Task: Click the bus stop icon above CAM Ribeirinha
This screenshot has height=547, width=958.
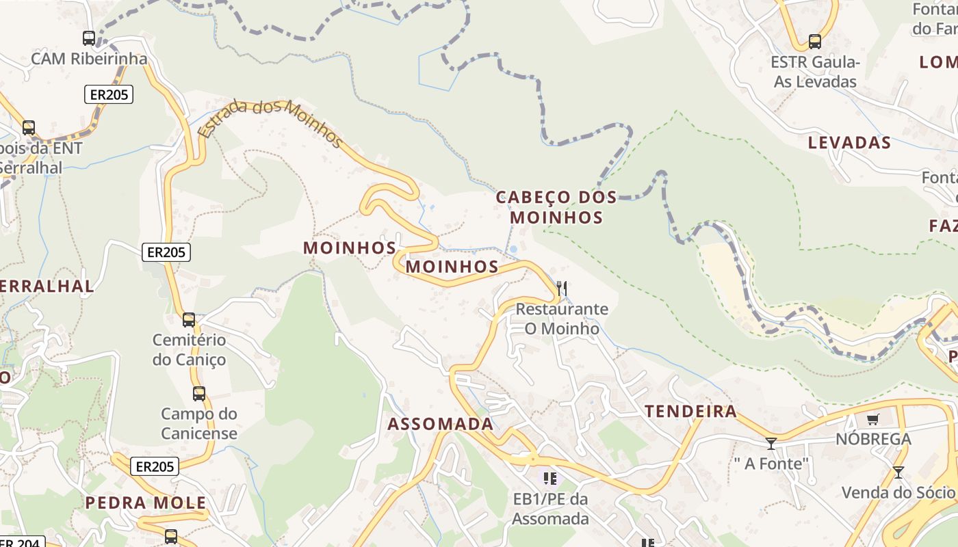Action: (x=89, y=38)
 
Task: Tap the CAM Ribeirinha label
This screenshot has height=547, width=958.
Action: (x=89, y=59)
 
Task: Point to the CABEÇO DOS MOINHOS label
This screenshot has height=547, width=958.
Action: (x=556, y=208)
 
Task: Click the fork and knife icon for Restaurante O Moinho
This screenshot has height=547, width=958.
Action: (x=562, y=289)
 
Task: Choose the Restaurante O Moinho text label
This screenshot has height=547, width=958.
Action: (x=562, y=319)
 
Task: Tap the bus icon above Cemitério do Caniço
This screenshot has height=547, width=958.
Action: (x=189, y=319)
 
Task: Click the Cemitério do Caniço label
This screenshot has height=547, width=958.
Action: (x=189, y=349)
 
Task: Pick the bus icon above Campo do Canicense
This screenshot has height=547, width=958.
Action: (x=199, y=394)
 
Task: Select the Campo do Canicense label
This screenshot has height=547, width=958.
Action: (x=199, y=423)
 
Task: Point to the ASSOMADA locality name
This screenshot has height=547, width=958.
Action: (x=441, y=424)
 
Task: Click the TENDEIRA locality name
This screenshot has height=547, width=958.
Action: (x=691, y=412)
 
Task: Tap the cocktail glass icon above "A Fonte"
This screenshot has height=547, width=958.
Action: (x=771, y=444)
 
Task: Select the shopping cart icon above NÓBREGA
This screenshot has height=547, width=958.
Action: (x=872, y=420)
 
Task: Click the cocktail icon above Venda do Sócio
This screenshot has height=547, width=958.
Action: (x=898, y=472)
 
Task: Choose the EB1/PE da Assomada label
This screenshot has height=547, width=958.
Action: (x=551, y=509)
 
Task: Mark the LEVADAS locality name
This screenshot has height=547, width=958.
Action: (x=849, y=143)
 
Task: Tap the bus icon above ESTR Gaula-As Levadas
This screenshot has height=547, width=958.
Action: (x=815, y=41)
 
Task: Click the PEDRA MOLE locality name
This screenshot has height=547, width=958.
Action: (x=146, y=503)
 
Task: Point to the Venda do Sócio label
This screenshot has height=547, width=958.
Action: (x=898, y=492)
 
